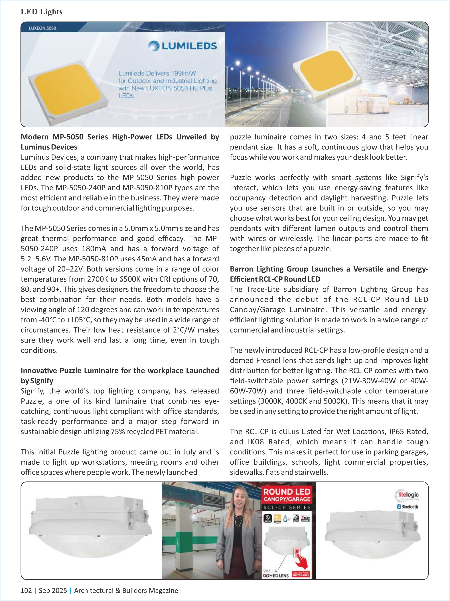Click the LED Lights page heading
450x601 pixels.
42,12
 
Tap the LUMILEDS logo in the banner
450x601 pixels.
183,46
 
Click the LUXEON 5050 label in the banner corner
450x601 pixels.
42,28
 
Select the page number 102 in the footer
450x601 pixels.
26,590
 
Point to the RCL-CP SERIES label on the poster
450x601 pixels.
287,507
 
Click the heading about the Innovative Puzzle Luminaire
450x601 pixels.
120,375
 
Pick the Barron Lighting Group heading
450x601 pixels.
329,274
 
